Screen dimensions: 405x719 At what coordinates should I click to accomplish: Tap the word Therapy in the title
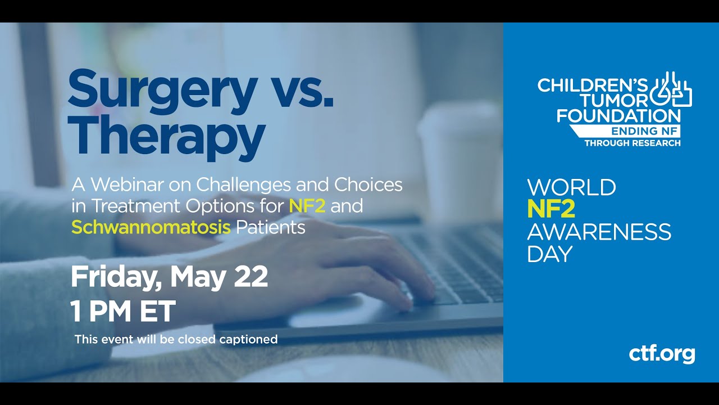point(166,136)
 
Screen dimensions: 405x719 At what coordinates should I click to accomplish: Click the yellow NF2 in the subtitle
point(307,206)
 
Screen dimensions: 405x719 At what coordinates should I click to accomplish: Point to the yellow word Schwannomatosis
point(151,227)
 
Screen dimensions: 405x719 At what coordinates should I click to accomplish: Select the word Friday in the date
point(116,277)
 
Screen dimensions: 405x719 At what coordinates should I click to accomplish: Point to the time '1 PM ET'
point(123,311)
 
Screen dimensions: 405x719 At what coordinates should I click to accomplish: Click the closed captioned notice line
point(176,339)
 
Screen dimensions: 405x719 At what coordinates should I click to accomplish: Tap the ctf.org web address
point(662,354)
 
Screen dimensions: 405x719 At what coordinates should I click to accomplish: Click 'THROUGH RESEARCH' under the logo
point(632,143)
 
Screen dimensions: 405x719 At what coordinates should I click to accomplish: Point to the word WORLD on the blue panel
point(571,187)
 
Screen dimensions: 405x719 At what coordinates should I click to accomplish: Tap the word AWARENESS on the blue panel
point(599,232)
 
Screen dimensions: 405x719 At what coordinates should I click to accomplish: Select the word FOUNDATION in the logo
point(609,115)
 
